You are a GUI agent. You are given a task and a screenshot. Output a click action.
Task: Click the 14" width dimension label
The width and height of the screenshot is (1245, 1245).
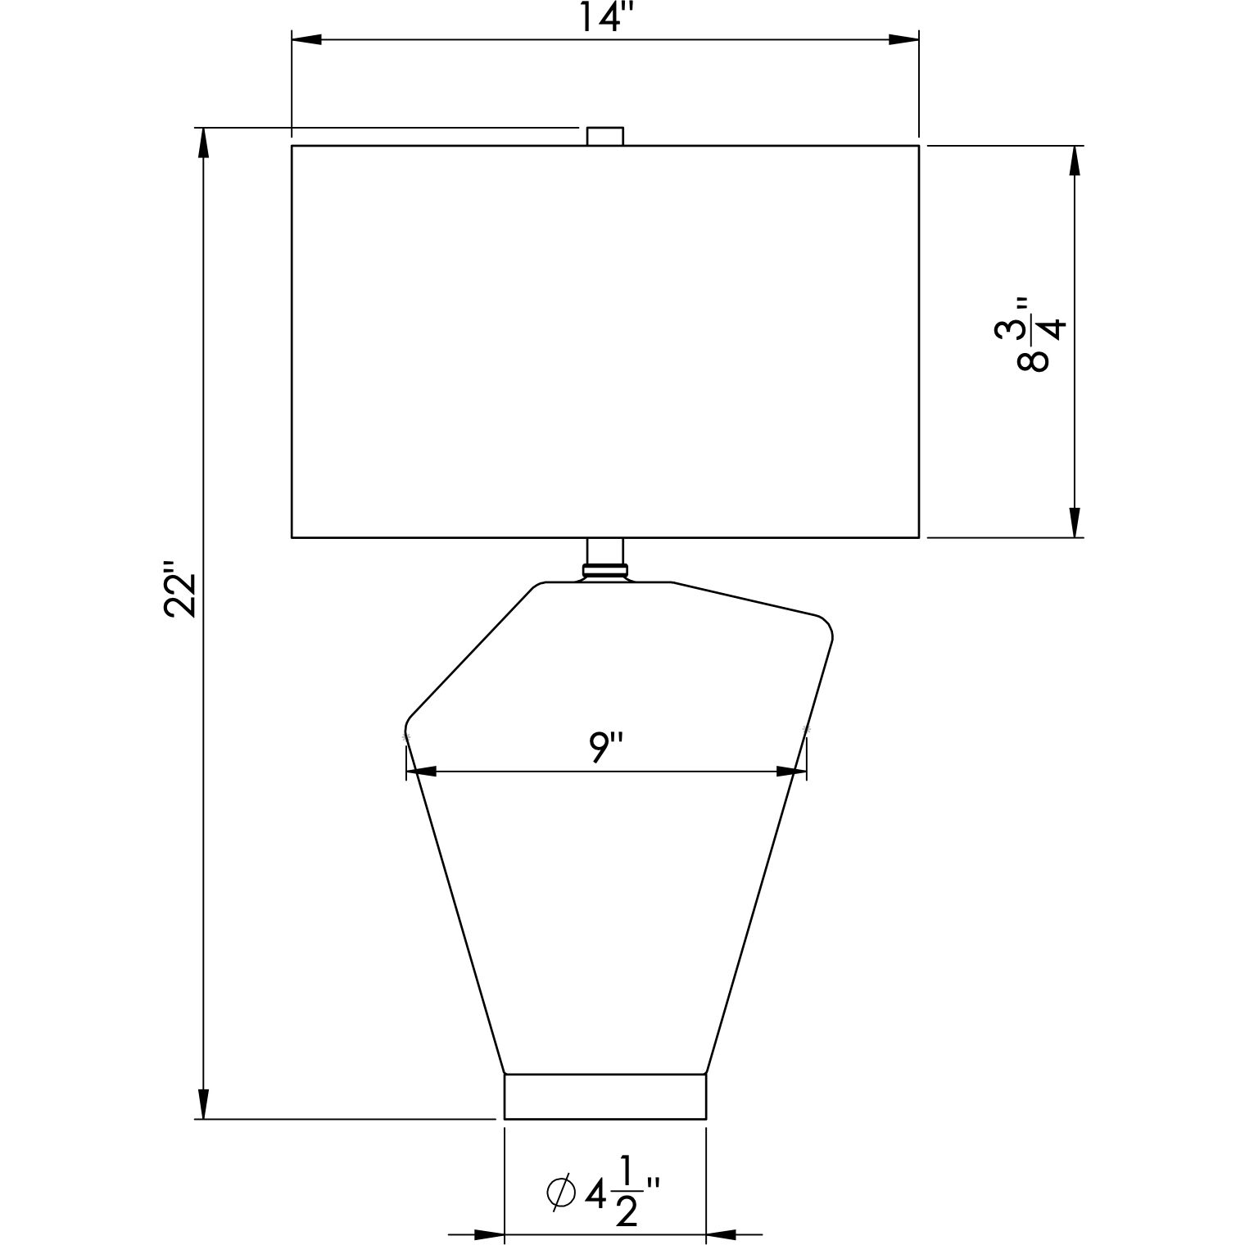pyautogui.click(x=602, y=16)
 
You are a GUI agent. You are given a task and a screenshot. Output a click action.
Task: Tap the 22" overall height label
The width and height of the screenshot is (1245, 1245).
pyautogui.click(x=181, y=589)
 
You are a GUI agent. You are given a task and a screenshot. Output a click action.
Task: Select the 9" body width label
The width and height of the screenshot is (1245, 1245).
pyautogui.click(x=607, y=748)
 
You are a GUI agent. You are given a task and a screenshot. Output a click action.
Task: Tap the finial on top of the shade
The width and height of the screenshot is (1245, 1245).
pyautogui.click(x=605, y=136)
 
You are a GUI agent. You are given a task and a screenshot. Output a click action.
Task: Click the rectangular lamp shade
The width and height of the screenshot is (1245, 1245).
pyautogui.click(x=605, y=342)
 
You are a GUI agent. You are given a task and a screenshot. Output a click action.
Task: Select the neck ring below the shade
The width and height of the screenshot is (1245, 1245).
pyautogui.click(x=605, y=569)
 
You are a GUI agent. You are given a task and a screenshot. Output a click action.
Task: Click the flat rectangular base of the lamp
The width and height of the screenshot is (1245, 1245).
pyautogui.click(x=605, y=1096)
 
